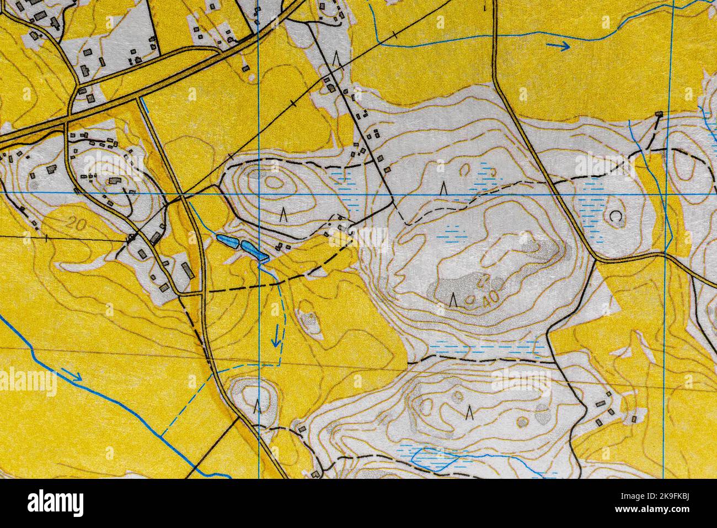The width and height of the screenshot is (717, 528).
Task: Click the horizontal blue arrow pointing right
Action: pyautogui.click(x=559, y=46)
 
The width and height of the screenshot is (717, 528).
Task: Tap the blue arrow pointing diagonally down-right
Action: pyautogui.click(x=72, y=376)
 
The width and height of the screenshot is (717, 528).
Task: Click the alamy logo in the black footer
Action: pyautogui.click(x=55, y=503)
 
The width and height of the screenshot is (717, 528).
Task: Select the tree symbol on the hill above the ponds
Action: pyautogui.click(x=284, y=214)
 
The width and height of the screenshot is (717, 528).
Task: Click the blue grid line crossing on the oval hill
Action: pyautogui.click(x=259, y=194)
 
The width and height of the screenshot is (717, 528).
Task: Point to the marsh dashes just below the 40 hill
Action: pyautogui.click(x=485, y=348)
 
